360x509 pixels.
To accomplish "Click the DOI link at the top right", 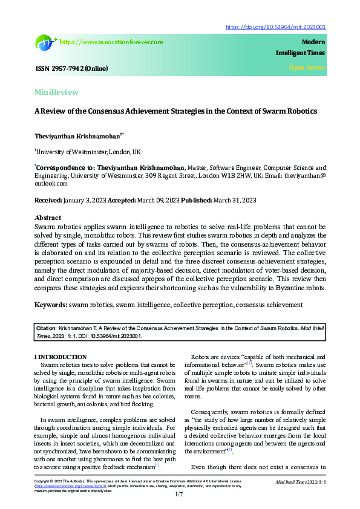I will (275, 27).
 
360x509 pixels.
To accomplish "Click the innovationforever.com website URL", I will (111, 42).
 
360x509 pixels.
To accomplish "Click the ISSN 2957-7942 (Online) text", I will (71, 69).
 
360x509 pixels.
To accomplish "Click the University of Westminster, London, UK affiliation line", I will (88, 151).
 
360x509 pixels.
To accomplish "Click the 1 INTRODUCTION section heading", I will (60, 357).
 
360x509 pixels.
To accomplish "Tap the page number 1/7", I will (179, 495).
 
